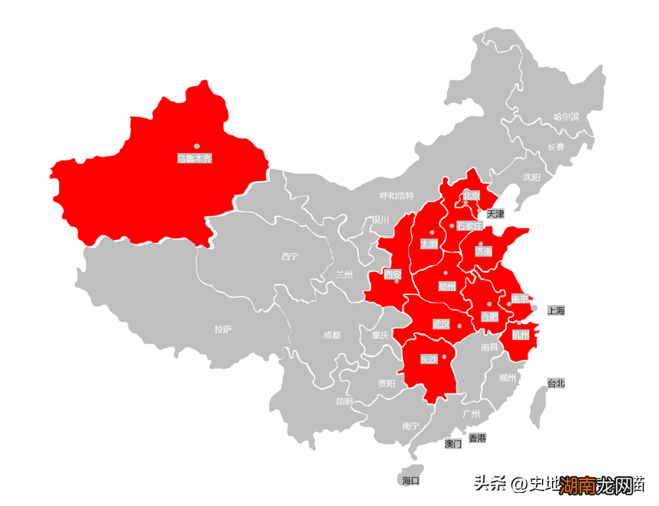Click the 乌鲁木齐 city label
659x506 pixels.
pos(194,158)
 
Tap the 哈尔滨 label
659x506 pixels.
pos(566,117)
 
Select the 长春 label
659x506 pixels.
pos(556,147)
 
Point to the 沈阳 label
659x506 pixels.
pos(531,177)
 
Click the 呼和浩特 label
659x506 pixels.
pos(397,196)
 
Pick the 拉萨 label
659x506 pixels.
pos(222,329)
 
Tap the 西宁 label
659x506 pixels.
pos(289,257)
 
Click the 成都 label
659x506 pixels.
pos(332,335)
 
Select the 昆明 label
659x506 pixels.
pos(344,401)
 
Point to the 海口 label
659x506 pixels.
pos(411,481)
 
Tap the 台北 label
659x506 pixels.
pos(556,383)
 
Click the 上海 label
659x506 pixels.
pos(556,310)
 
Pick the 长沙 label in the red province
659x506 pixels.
pos(429,358)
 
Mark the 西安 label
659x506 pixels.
pos(393,274)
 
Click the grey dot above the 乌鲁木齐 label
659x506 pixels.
pos(196,145)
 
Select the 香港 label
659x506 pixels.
pos(477,438)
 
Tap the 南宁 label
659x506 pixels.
pos(411,427)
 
